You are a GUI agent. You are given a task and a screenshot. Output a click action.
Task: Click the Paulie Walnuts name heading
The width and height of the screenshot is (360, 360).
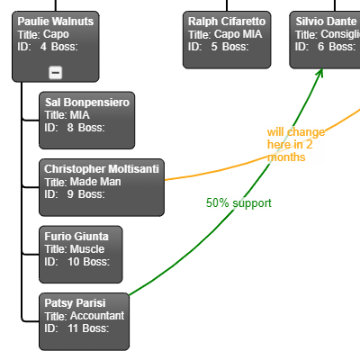coord(56,21)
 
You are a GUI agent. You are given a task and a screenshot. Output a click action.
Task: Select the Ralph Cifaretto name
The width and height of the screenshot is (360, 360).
coord(227,21)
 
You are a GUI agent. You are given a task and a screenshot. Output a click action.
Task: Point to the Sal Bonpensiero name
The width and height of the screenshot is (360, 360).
coord(87,103)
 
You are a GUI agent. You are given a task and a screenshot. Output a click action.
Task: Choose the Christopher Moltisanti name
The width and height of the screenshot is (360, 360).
coord(102,169)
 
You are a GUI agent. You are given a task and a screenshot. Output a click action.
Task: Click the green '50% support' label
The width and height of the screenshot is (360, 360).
coord(238,203)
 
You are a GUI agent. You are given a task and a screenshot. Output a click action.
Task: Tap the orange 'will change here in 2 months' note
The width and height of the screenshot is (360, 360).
coord(296,145)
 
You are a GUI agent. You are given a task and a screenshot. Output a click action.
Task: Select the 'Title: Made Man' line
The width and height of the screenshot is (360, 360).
coord(83,182)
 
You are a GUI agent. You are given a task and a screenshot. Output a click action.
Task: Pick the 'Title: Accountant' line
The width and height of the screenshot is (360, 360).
coord(85,316)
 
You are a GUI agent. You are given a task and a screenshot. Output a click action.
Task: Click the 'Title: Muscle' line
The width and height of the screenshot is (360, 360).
coord(75,249)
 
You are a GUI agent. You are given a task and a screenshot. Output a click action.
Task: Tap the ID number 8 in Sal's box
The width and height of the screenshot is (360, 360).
coord(70,128)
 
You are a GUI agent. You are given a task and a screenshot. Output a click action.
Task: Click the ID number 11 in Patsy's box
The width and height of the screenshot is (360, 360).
coord(73,328)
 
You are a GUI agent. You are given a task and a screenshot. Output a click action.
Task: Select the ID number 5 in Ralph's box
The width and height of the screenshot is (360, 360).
coord(214,47)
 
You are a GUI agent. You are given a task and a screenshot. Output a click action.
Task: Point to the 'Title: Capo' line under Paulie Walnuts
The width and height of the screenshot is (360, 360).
coord(42,34)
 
